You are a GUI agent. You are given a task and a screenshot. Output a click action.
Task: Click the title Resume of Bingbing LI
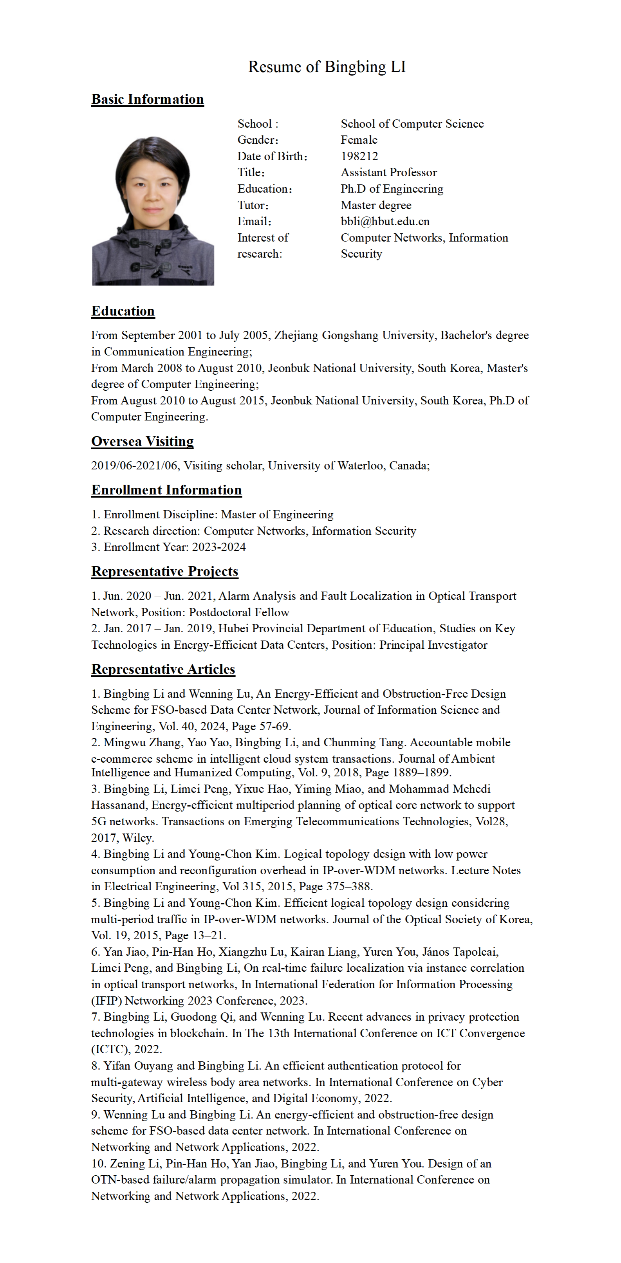coord(327,67)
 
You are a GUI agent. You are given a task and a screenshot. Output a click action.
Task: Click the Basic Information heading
coord(147,99)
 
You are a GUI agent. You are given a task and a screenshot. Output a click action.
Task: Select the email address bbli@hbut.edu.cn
coord(385,222)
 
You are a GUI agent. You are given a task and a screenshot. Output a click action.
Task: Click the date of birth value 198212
coord(359,156)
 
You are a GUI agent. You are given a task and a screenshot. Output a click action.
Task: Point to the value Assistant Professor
coord(388,173)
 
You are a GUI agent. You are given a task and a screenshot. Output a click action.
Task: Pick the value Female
coord(359,140)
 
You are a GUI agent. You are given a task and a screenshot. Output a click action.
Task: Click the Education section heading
coord(123,311)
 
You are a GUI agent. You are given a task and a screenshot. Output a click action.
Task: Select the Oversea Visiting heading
coord(142,441)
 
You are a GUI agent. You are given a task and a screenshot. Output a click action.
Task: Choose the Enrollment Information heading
coord(166,490)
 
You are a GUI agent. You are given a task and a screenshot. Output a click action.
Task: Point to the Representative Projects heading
coord(164,571)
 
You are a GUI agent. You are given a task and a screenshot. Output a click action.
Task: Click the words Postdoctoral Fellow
coord(239,612)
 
